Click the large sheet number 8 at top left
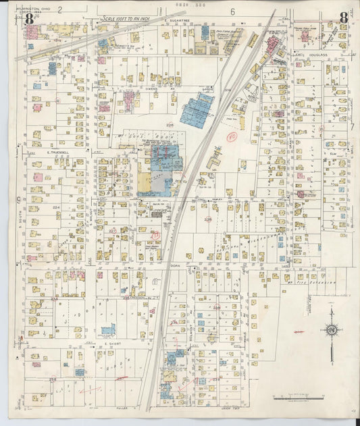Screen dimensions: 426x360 30,18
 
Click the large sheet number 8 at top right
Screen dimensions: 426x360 344,18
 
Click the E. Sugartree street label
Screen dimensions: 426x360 174,22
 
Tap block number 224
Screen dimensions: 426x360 56,207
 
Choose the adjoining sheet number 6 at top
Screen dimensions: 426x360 232,11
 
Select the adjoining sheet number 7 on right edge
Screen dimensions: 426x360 352,126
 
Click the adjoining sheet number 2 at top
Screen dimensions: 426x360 59,9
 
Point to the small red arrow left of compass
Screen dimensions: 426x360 299,332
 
